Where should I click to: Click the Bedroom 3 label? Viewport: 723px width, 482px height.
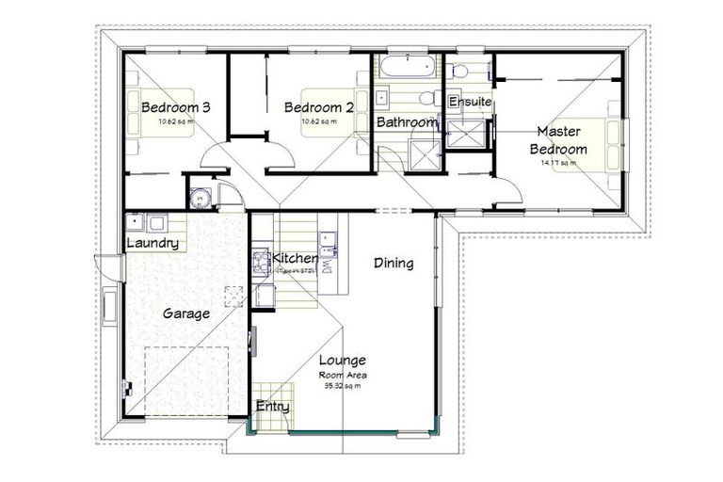point(175,107)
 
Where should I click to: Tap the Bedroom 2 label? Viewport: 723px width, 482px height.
point(318,107)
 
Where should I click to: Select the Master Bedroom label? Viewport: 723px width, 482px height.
point(558,139)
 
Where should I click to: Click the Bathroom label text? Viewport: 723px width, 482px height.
point(407,122)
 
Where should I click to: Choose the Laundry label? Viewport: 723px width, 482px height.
point(152,243)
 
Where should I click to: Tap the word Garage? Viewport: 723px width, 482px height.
point(185,313)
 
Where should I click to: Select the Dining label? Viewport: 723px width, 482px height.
point(393,263)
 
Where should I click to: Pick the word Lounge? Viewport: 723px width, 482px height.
point(342,361)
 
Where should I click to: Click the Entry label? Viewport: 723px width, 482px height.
point(272,407)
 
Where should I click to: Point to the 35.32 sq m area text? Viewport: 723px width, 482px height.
point(342,384)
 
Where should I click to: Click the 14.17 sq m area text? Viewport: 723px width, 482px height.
point(558,163)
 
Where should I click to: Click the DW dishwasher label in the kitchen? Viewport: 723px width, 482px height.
point(326,267)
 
